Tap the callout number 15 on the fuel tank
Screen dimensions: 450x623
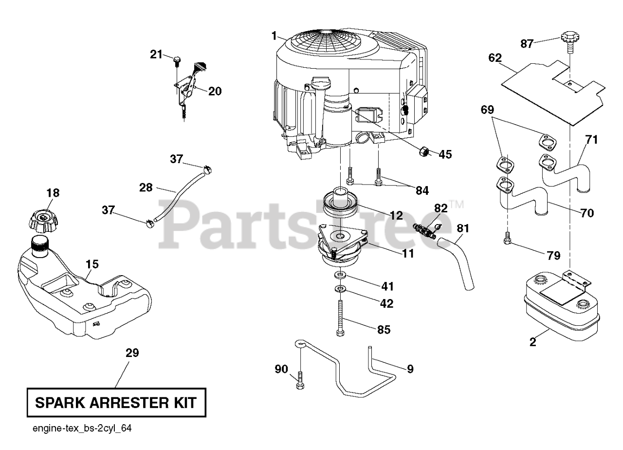click(x=92, y=264)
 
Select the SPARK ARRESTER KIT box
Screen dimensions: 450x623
click(x=116, y=403)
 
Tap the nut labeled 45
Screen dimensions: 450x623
click(x=422, y=152)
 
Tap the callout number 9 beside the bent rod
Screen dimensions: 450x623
click(x=410, y=369)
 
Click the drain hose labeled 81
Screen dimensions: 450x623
click(x=460, y=263)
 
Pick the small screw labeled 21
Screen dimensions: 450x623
click(x=176, y=60)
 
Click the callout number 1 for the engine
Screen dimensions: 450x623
click(x=275, y=35)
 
